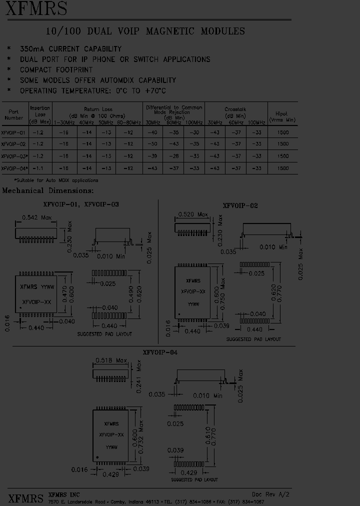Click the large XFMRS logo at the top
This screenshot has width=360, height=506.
36,9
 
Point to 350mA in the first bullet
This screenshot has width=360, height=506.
32,49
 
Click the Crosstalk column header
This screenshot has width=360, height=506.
235,109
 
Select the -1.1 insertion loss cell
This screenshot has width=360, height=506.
39,168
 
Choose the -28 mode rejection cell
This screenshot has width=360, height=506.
173,156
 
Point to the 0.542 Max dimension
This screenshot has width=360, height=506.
37,217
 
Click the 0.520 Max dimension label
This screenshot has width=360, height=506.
192,214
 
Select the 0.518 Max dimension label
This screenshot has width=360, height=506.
111,360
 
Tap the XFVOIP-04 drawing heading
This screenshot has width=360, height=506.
160,352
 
